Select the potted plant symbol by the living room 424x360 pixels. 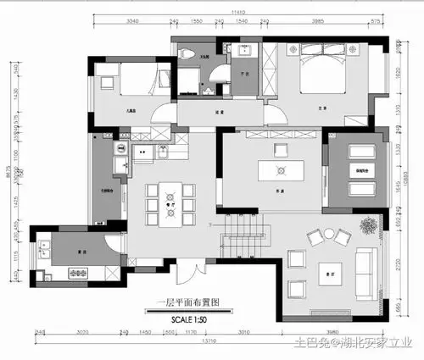[x=368, y=225]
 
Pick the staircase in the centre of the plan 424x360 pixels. [x=243, y=235]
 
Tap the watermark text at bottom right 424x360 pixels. [x=352, y=342]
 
